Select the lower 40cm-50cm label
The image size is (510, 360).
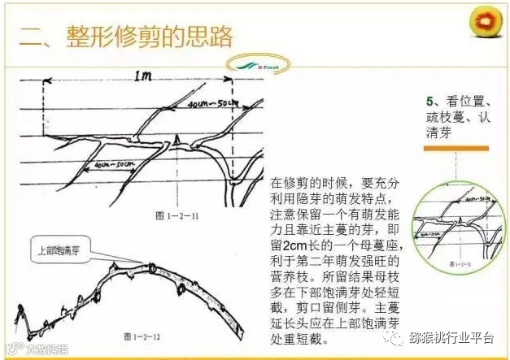click(x=113, y=164)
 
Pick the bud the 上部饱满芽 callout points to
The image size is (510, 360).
click(x=153, y=265)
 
